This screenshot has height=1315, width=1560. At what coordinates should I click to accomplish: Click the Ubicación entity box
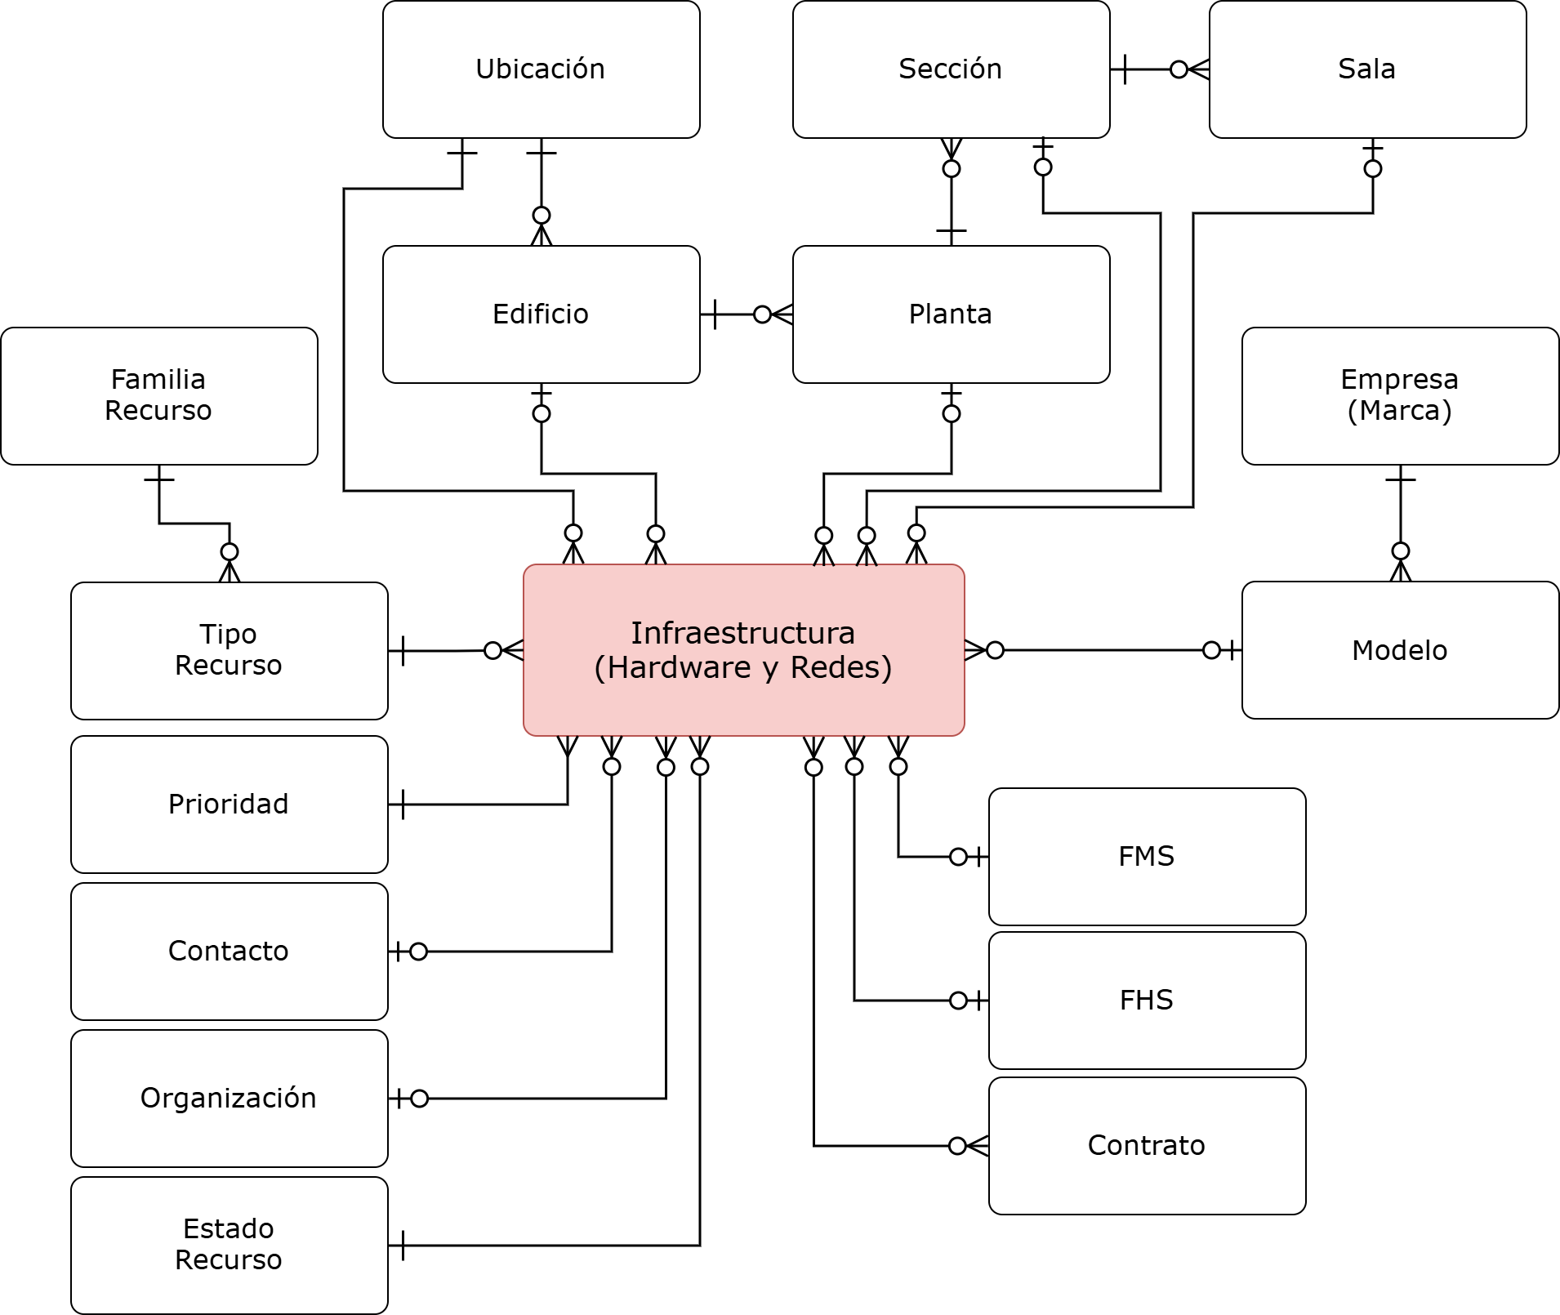point(541,69)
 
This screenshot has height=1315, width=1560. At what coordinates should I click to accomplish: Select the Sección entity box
point(951,69)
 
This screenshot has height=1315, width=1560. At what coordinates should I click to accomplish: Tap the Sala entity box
point(1367,69)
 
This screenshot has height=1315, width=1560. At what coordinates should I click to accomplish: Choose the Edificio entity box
point(541,314)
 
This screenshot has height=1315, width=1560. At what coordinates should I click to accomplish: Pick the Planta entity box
point(951,314)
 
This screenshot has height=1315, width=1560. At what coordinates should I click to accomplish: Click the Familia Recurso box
point(159,396)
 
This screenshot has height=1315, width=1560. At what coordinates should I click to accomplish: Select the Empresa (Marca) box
point(1400,396)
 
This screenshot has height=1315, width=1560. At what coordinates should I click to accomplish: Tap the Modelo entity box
point(1400,650)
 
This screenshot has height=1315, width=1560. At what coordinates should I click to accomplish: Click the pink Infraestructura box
point(743,650)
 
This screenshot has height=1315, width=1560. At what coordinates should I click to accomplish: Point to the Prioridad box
point(229,805)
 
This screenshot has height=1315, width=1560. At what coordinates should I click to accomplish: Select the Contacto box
point(229,952)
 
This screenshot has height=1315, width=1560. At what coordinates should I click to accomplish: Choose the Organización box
point(229,1099)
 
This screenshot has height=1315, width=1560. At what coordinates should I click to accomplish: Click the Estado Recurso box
point(229,1246)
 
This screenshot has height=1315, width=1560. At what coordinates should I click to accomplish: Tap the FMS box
point(1147,857)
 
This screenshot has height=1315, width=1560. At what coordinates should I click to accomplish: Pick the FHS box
point(1147,1001)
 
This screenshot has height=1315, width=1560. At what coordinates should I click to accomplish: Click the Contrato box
point(1147,1146)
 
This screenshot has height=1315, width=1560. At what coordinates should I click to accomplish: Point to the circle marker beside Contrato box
point(958,1146)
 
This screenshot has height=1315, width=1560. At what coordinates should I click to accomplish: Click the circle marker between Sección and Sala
point(1179,69)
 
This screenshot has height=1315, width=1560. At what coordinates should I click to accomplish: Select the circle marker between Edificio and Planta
point(762,314)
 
